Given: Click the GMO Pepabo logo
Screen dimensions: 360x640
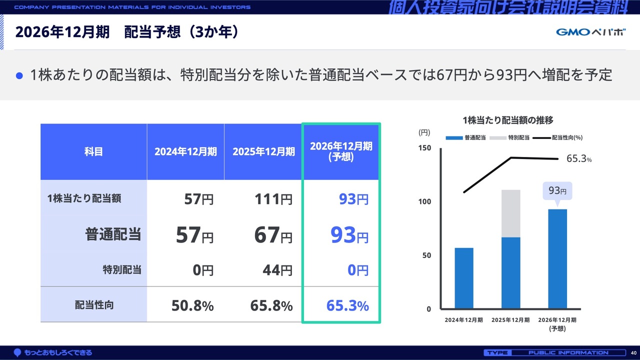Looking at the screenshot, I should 590,32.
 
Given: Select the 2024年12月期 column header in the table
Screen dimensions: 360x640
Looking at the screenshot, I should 185,152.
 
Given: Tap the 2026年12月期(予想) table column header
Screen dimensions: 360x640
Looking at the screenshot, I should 341,151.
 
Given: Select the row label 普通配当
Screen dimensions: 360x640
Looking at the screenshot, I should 113,234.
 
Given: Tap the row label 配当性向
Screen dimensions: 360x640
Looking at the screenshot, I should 94,304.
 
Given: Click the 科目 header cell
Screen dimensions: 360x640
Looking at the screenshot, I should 93,152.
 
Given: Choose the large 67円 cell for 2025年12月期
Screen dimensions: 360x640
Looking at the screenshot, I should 273,235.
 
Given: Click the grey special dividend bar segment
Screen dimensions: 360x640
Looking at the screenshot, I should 511,213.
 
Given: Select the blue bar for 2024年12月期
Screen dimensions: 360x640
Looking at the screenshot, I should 464,278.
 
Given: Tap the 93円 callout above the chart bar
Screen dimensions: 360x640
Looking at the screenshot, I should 557,191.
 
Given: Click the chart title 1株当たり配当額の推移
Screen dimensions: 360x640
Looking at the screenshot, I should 507,120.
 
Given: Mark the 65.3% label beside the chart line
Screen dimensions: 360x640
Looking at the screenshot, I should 579,159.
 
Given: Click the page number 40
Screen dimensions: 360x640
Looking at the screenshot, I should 633,353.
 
